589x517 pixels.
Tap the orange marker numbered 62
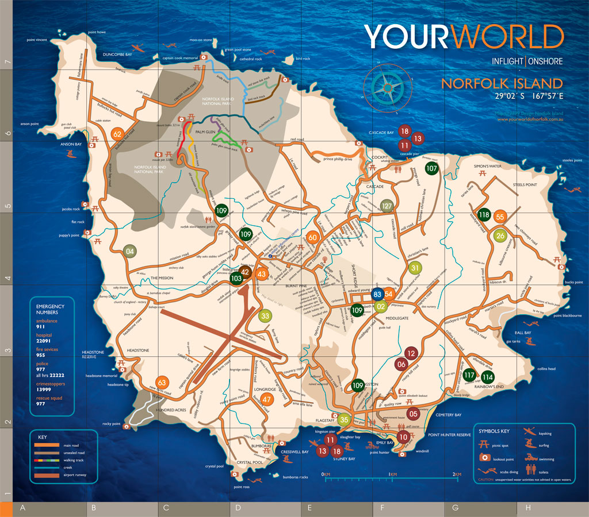[118, 134]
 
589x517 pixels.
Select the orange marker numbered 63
[162, 383]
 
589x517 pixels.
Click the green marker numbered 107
[432, 168]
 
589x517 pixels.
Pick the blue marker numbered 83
[377, 295]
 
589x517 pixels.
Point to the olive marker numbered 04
[130, 251]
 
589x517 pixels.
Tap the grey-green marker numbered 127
[387, 206]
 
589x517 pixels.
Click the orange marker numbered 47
[267, 400]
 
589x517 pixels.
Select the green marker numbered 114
[488, 377]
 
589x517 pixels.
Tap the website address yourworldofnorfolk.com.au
[530, 119]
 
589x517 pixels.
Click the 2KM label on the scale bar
[457, 474]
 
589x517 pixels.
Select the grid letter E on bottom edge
[309, 508]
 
